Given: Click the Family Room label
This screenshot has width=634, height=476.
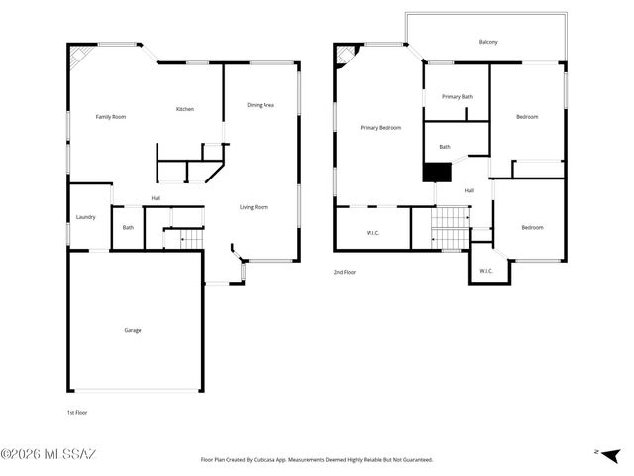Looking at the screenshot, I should [110, 117].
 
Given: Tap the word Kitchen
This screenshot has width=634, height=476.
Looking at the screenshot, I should [185, 109].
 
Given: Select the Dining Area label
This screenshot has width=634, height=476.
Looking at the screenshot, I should [261, 105].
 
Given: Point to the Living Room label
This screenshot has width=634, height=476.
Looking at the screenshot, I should [254, 207].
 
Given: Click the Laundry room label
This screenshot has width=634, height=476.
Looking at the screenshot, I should [86, 217].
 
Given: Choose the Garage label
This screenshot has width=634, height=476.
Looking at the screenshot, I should [132, 330].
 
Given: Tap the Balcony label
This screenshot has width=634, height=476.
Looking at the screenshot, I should [488, 42].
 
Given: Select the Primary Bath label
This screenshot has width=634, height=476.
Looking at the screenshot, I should [457, 97].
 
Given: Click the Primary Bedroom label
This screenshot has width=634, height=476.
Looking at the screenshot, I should [380, 128].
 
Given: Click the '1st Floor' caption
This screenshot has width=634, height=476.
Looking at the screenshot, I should [76, 411].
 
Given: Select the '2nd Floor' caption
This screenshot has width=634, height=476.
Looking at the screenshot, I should [344, 271].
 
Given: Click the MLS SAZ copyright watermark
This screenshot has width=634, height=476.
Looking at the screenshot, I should [49, 455].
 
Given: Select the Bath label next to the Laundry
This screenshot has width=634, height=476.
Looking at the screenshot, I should [128, 228].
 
